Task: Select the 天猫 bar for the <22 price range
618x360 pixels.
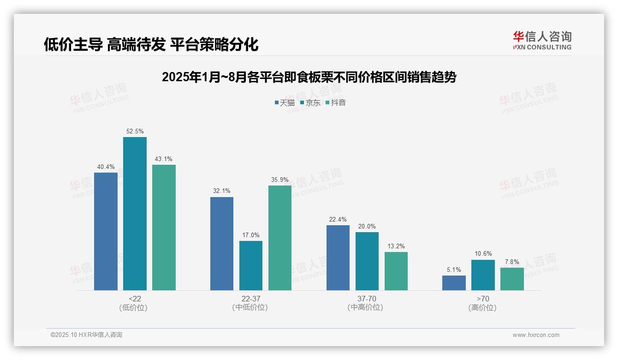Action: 106,231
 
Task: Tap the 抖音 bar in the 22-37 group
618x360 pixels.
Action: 280,238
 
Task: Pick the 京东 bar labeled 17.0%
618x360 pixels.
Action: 251,265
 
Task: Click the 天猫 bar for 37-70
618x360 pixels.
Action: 338,258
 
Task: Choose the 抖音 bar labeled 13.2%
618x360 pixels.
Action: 396,271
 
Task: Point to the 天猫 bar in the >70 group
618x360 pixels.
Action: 454,283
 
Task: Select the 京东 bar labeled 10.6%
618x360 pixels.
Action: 483,275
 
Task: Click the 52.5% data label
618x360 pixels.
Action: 135,132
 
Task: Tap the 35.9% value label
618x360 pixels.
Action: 280,180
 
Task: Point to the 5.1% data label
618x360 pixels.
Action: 454,270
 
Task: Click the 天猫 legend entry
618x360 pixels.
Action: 285,103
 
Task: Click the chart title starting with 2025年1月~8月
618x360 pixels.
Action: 309,77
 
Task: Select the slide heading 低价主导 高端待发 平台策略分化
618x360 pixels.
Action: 151,44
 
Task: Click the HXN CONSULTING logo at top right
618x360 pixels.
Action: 542,40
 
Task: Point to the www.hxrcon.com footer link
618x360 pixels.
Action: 535,335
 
